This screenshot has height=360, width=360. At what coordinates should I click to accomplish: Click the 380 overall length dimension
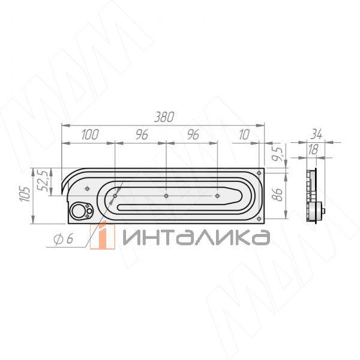(163, 118)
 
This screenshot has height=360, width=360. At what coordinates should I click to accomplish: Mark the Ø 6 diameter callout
(62, 239)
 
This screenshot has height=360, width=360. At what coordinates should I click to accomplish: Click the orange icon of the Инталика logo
(106, 236)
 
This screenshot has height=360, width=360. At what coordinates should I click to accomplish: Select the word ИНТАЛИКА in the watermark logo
(195, 238)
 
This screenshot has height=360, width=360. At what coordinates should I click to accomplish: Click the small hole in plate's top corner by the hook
(88, 188)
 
